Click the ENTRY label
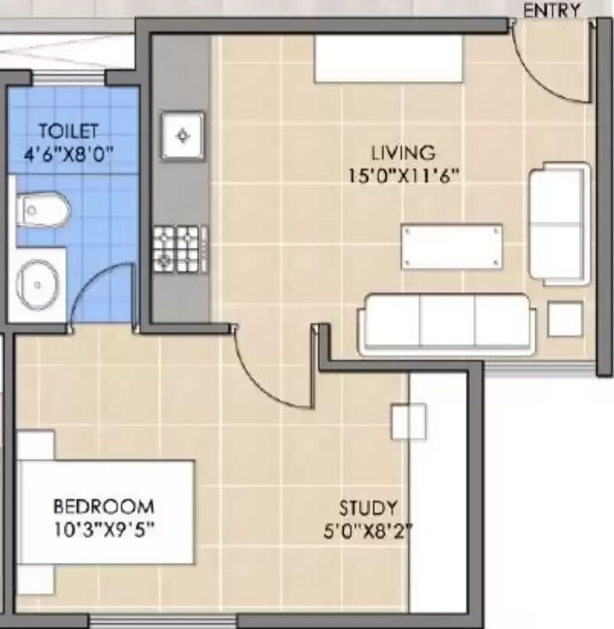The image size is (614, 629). (x=551, y=10)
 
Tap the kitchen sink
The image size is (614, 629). (x=182, y=136)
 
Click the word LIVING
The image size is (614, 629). (x=403, y=151)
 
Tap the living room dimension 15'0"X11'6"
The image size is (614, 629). (x=403, y=175)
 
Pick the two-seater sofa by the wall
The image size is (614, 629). (x=560, y=223)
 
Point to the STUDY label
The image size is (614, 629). (x=368, y=507)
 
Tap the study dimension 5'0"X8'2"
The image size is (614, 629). (x=368, y=530)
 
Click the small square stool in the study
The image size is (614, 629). (x=409, y=421)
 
